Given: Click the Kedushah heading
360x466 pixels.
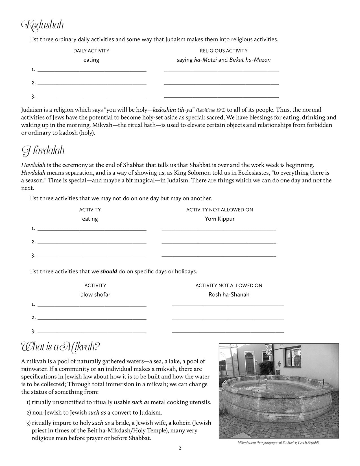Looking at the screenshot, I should [43, 25].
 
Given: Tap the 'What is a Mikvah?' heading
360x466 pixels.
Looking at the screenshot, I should [60, 346].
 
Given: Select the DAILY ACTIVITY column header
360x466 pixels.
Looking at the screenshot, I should [91, 51].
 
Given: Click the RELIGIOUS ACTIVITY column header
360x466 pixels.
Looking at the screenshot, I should [223, 51].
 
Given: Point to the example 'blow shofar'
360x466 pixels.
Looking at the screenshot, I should [95, 295].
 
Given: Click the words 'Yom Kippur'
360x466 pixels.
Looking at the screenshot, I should [220, 219].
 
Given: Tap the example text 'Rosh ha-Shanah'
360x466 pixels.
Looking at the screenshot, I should [229, 295].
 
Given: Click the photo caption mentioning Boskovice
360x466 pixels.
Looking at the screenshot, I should [279, 443].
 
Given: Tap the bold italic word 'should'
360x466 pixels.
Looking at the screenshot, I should [109, 272].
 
